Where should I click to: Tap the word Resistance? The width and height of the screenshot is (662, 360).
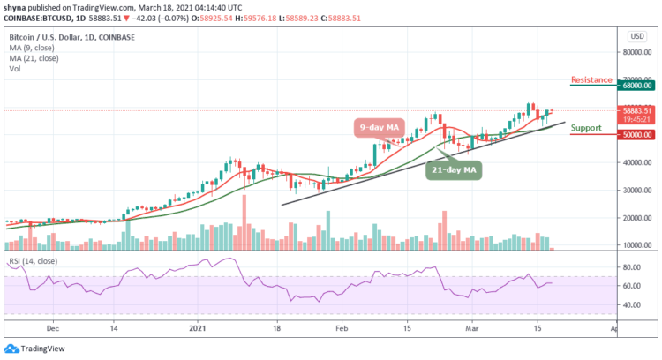(x=591, y=79)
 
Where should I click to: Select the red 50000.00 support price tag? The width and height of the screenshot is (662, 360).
(x=635, y=135)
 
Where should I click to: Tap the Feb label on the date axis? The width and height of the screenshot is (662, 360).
(x=340, y=326)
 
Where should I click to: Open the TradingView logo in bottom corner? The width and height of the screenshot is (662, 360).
(x=34, y=349)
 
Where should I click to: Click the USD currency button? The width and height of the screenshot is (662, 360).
(x=635, y=36)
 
